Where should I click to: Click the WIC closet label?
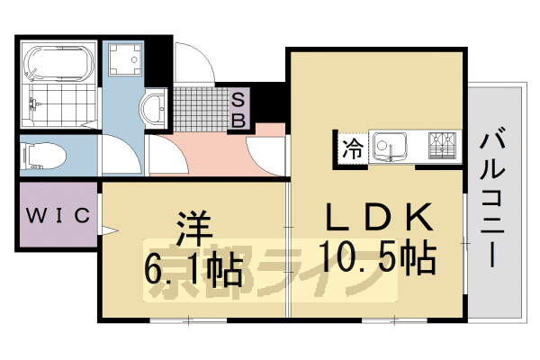pyautogui.click(x=58, y=215)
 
